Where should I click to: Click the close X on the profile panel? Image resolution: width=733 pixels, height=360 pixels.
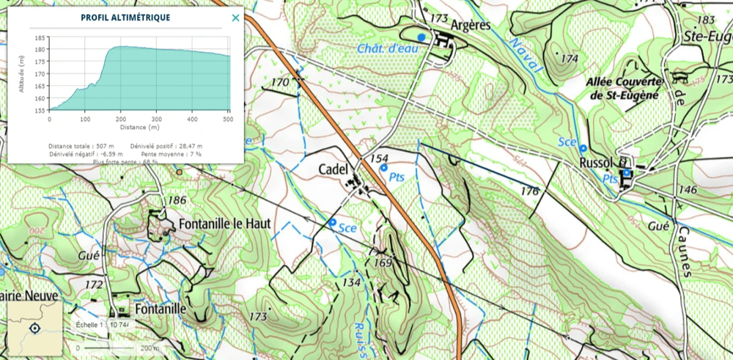(235, 18)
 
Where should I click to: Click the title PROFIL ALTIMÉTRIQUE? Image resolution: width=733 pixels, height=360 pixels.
(125, 18)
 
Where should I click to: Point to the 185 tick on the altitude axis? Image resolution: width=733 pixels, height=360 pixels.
(40, 37)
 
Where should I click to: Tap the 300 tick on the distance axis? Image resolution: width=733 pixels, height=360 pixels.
(156, 118)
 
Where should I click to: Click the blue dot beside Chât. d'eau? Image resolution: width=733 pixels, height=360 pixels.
(421, 37)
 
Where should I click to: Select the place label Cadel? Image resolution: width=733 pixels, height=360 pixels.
(331, 169)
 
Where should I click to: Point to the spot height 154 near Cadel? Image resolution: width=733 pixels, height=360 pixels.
(379, 159)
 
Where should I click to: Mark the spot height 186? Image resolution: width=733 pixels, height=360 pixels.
(177, 200)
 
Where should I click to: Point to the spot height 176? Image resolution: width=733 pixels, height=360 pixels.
(530, 191)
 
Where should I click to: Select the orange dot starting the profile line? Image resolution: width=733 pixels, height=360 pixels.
(180, 172)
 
